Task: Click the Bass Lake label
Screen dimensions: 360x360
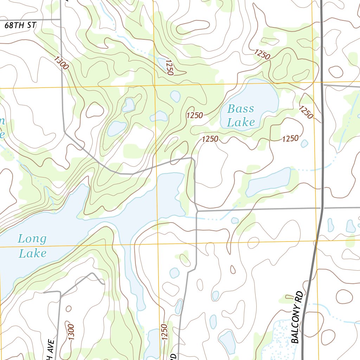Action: click(x=241, y=116)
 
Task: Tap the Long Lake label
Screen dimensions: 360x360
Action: click(x=32, y=246)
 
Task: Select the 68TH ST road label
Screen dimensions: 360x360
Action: click(x=21, y=25)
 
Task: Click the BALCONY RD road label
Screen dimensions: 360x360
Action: click(x=297, y=317)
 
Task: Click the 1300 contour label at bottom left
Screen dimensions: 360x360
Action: click(x=70, y=332)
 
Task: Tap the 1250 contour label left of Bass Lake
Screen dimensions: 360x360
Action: click(x=195, y=115)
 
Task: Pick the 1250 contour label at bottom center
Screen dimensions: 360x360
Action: click(x=164, y=332)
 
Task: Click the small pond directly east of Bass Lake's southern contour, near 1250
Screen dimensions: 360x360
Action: click(x=304, y=143)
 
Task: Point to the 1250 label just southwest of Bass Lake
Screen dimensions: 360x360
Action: click(x=210, y=139)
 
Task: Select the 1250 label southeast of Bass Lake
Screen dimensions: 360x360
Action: click(x=290, y=139)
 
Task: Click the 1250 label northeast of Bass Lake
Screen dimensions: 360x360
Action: click(x=306, y=112)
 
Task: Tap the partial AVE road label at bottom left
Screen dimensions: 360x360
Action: click(x=49, y=350)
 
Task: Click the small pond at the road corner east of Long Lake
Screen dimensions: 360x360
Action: click(x=235, y=220)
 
